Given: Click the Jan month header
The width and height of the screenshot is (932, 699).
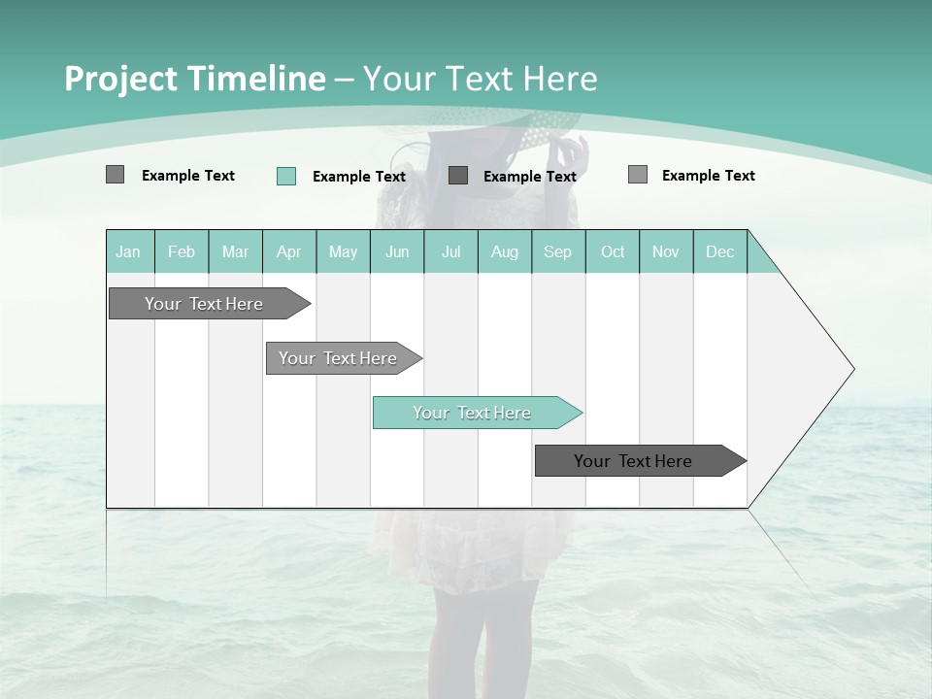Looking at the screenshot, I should (x=128, y=251).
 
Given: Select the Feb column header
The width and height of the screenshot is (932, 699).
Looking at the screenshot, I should (x=182, y=251).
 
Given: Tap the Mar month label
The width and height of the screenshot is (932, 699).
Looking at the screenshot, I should (x=235, y=251).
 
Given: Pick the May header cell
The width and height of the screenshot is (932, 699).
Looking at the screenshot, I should (x=343, y=251).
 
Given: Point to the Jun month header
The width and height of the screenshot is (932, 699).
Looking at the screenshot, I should (x=397, y=251).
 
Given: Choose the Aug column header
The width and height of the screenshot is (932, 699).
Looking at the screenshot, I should (x=505, y=251).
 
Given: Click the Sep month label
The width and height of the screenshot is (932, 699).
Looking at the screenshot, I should (x=557, y=251).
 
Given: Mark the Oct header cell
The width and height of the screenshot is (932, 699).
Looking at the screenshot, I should (x=613, y=251).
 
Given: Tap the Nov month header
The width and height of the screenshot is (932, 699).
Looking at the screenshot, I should (x=666, y=251).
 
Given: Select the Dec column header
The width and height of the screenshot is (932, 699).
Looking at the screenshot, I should (x=720, y=251).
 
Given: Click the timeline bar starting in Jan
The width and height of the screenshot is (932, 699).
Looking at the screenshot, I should (x=205, y=304).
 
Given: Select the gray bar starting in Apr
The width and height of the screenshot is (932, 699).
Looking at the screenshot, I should (x=339, y=358).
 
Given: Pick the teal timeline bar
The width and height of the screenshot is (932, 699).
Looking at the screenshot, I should (x=473, y=413).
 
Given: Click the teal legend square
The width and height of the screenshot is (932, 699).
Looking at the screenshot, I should (x=286, y=176).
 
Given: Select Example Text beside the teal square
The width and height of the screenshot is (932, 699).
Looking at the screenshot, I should (x=359, y=177).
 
